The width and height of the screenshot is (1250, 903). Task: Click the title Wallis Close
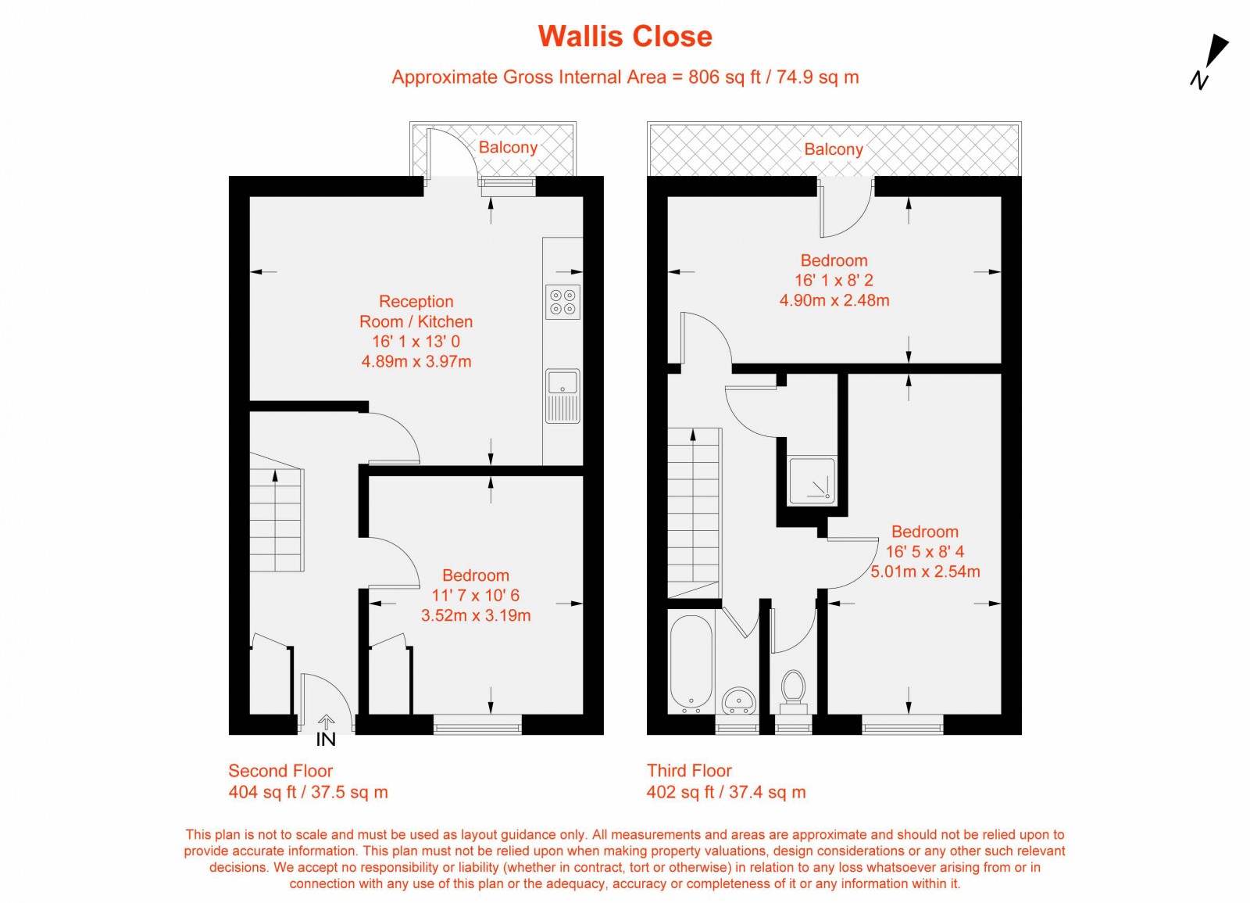coord(625,37)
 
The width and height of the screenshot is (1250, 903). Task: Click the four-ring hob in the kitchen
coord(562,302)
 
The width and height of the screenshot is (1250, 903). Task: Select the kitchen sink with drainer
coord(562,396)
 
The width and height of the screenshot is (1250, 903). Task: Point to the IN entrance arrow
coord(326,730)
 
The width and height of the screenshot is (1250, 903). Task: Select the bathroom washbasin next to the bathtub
coord(738,700)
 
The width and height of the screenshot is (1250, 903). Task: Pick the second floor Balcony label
coord(508,147)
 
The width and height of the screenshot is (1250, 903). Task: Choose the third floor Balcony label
coord(834,149)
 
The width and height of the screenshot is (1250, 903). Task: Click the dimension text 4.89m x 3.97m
coord(416,361)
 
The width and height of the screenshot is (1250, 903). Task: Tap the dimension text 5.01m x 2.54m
coord(925,572)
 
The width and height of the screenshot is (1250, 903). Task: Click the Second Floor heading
coord(280,771)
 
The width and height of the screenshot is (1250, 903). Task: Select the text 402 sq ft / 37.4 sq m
coord(726,792)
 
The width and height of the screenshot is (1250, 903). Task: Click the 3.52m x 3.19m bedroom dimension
coord(476,615)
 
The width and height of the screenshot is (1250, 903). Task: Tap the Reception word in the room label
coord(416,301)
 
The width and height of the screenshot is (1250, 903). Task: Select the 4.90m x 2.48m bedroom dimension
coord(834,300)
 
